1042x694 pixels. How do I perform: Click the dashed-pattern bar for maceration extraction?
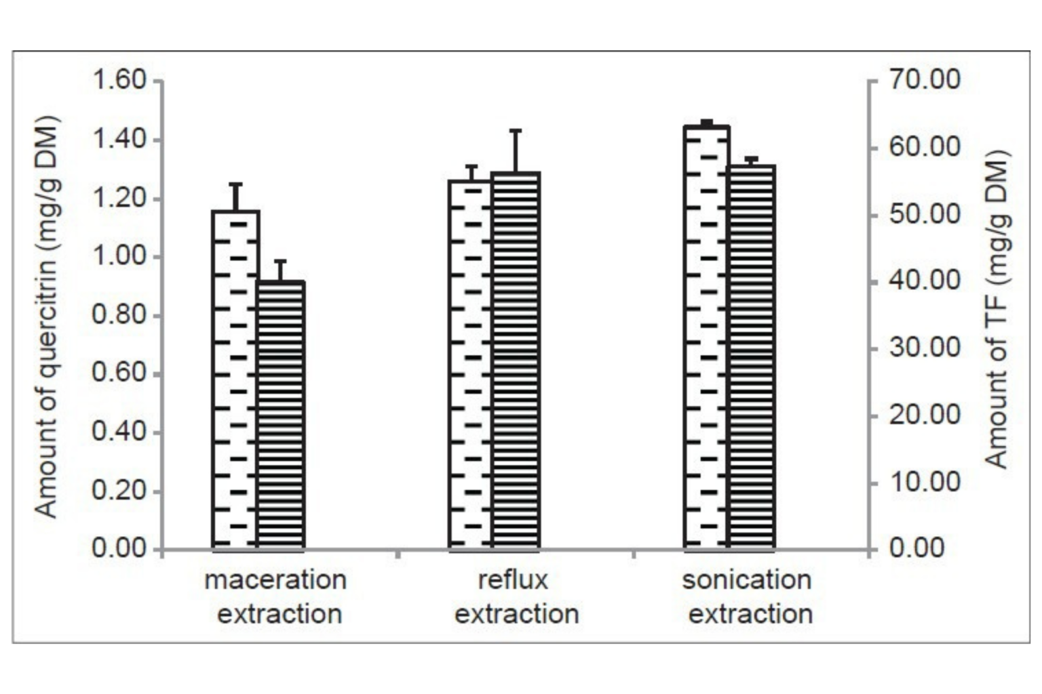pos(235,380)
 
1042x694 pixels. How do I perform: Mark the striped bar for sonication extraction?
pos(751,356)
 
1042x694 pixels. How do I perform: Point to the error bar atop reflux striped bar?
pos(516,150)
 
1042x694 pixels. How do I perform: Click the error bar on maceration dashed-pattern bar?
pos(235,197)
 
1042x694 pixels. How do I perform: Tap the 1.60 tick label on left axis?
pos(119,80)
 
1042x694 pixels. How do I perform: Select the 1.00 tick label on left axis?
pos(119,256)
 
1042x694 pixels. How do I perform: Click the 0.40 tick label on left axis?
pos(119,431)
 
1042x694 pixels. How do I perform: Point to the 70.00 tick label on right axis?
pos(925,79)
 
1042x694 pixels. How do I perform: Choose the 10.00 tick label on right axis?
pos(925,482)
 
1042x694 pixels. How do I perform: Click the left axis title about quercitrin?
pos(47,317)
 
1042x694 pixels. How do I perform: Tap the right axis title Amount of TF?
pos(997,309)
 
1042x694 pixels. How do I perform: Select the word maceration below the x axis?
pos(275,580)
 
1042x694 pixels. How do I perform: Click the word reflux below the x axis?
pos(513,580)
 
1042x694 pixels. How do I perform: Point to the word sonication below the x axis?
pos(747,580)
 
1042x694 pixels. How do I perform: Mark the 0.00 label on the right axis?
pos(917,548)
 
